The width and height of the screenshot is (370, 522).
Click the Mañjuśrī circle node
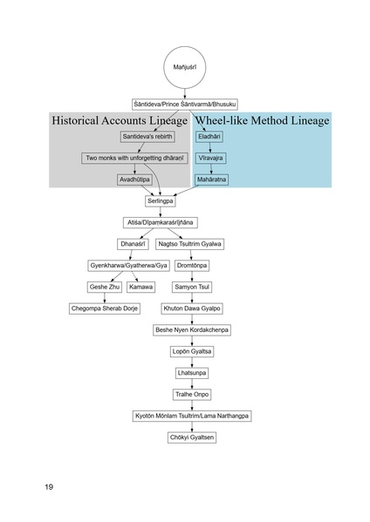[x=184, y=66]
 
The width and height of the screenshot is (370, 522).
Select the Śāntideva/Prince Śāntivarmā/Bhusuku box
[x=184, y=104]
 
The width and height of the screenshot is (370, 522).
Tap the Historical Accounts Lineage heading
[x=119, y=120]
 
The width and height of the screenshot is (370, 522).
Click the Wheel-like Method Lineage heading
[x=262, y=120]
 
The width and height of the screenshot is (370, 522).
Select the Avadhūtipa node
[x=136, y=180]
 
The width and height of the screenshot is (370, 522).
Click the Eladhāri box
[x=209, y=137]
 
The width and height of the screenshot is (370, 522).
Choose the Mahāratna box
[x=210, y=180]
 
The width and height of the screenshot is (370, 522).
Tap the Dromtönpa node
[x=191, y=265]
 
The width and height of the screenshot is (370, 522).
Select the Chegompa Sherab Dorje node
[x=105, y=308]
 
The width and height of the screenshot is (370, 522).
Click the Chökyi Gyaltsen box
[x=191, y=437]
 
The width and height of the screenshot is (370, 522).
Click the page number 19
[x=50, y=486]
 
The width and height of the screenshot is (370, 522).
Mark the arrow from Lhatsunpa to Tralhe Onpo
[x=191, y=383]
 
